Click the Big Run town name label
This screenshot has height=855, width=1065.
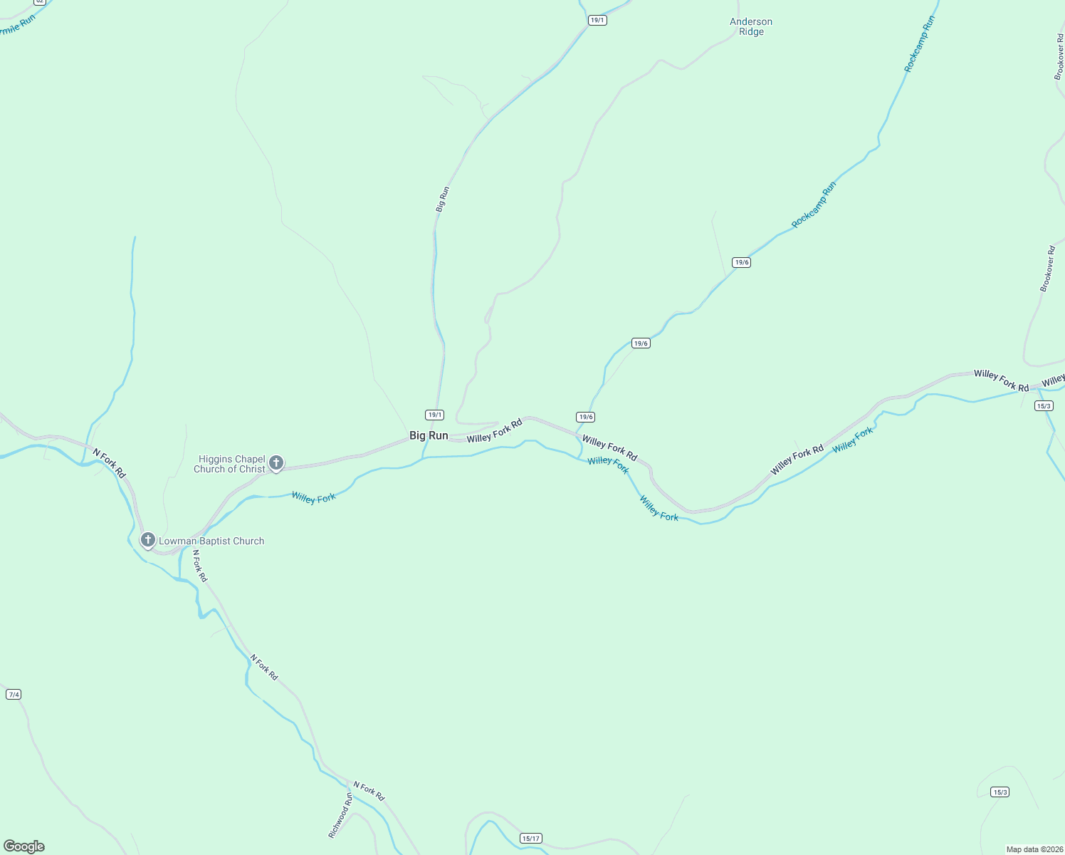[x=429, y=435]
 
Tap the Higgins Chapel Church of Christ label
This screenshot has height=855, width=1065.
[x=230, y=464]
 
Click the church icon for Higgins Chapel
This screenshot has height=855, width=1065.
[x=276, y=463]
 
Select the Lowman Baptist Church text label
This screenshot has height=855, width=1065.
[x=211, y=541]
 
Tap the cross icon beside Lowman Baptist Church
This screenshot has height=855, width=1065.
[x=147, y=540]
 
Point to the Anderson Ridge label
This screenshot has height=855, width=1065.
[x=751, y=26]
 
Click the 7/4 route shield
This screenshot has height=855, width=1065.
[x=14, y=694]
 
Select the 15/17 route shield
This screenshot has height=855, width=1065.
[x=530, y=838]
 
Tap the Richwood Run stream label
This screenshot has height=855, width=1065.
[x=340, y=815]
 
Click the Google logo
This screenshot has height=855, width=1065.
[x=24, y=846]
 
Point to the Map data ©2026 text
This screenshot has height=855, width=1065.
[x=1034, y=849]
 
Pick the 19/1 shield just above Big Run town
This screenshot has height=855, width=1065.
[x=434, y=415]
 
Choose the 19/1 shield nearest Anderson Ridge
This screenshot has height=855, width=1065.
[x=597, y=20]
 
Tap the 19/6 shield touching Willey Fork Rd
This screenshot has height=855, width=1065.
[x=585, y=417]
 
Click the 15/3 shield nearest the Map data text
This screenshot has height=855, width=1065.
[x=1000, y=792]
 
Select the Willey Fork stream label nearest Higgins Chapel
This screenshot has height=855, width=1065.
[x=313, y=497]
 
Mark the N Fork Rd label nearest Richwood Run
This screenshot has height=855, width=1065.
[x=369, y=790]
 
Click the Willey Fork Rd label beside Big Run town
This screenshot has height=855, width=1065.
[x=494, y=430]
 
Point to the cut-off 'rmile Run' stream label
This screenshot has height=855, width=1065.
[x=18, y=25]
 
